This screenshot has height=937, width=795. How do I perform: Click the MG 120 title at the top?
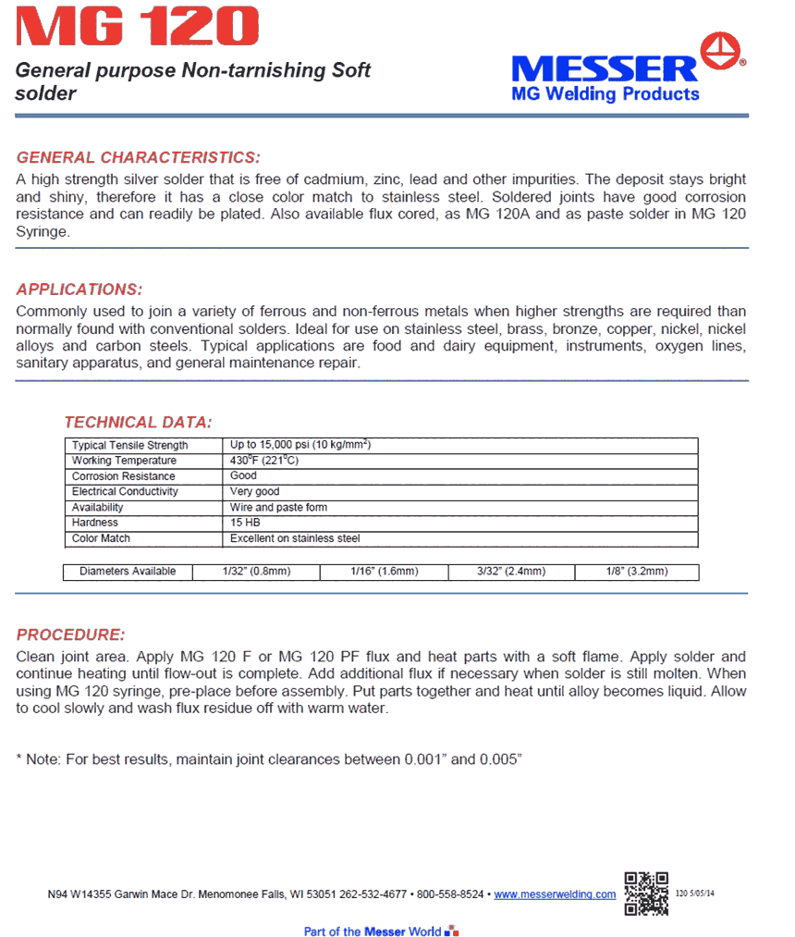tap(133, 26)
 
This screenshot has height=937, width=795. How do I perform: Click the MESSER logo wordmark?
tap(605, 68)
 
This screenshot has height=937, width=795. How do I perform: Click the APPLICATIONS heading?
tap(79, 289)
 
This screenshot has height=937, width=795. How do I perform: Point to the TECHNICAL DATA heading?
tap(138, 422)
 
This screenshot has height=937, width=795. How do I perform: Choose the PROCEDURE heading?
tap(70, 635)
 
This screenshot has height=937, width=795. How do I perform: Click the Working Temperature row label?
tap(124, 461)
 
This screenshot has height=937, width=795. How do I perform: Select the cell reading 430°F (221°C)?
tap(264, 461)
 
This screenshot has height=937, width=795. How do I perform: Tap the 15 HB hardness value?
tap(245, 523)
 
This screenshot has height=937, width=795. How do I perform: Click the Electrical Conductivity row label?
tap(125, 491)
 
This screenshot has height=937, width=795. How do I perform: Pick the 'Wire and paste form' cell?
tap(278, 507)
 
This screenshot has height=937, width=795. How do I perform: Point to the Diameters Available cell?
tap(128, 572)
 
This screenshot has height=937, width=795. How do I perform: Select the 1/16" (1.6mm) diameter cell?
tap(385, 572)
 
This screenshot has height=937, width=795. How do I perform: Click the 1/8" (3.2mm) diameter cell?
tap(637, 572)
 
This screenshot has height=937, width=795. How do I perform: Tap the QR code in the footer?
tap(645, 893)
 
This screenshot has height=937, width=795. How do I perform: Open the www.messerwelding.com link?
tap(555, 894)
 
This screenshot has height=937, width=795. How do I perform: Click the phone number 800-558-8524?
tap(450, 894)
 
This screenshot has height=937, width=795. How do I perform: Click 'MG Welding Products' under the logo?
tap(605, 93)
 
